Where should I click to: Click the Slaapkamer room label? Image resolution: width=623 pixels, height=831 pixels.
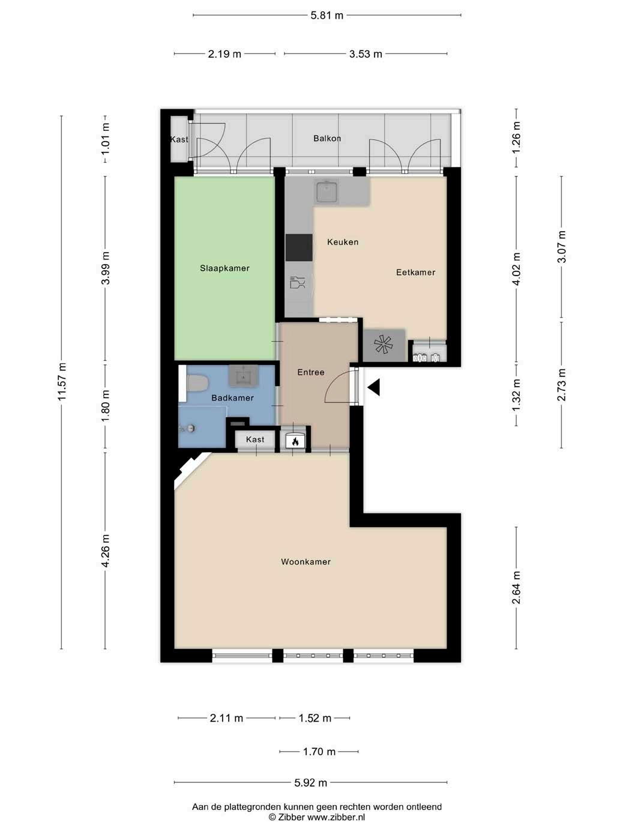point(224,268)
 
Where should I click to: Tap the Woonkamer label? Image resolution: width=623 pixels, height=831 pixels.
point(305,562)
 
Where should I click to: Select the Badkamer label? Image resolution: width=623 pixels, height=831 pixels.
point(232,398)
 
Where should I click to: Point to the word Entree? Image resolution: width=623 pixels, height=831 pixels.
point(311,372)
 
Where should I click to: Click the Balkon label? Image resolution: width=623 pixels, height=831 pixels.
point(327,139)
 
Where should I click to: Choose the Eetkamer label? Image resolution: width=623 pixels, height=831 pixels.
point(416,272)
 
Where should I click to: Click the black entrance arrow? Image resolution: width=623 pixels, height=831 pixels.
point(374,388)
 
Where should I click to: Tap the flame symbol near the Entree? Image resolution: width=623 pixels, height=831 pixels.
point(295,441)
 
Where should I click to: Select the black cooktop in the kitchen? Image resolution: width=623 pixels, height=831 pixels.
point(299,247)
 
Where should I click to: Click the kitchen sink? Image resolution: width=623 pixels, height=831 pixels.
point(328,192)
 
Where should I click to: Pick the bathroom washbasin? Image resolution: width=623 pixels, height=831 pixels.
point(243,375)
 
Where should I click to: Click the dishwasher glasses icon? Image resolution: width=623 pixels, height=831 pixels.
point(297,282)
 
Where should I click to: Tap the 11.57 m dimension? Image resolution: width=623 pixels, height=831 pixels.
point(62,382)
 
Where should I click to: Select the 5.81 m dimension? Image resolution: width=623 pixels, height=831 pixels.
point(327,16)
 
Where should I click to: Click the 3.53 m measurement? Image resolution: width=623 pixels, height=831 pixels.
point(366,54)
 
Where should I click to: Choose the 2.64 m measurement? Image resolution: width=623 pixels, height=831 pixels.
point(516,588)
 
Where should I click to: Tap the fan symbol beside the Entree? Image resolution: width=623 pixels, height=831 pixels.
point(384,345)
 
